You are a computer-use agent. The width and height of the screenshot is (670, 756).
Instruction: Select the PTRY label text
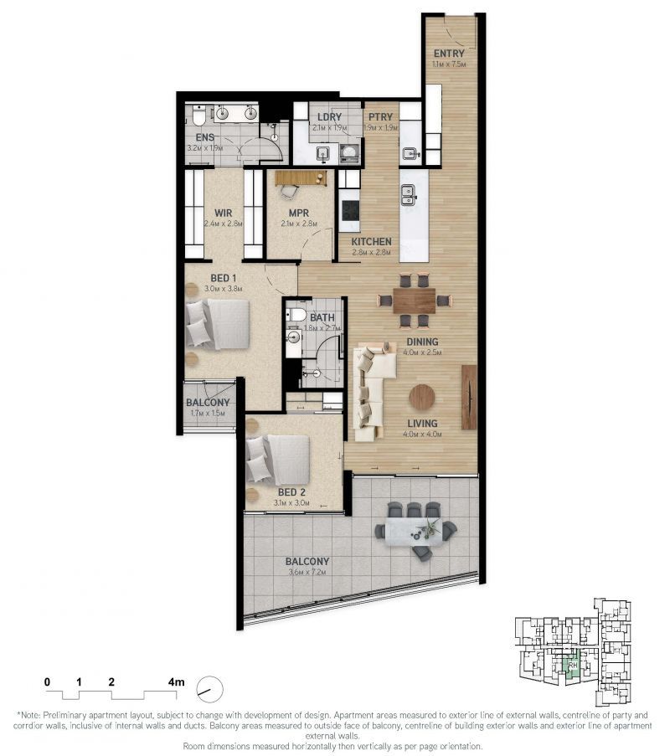point(379,117)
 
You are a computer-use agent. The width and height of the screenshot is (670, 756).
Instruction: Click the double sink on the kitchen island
point(410,194)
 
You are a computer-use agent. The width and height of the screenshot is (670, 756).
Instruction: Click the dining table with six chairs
point(415,300)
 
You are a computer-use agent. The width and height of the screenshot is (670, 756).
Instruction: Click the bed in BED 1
point(221,324)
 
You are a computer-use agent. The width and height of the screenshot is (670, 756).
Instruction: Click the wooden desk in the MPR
point(299,177)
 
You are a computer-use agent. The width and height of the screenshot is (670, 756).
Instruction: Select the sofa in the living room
point(371,393)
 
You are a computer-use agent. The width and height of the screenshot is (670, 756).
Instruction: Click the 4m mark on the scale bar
point(176,682)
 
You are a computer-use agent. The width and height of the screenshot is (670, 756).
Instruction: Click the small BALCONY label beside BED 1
point(208,403)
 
